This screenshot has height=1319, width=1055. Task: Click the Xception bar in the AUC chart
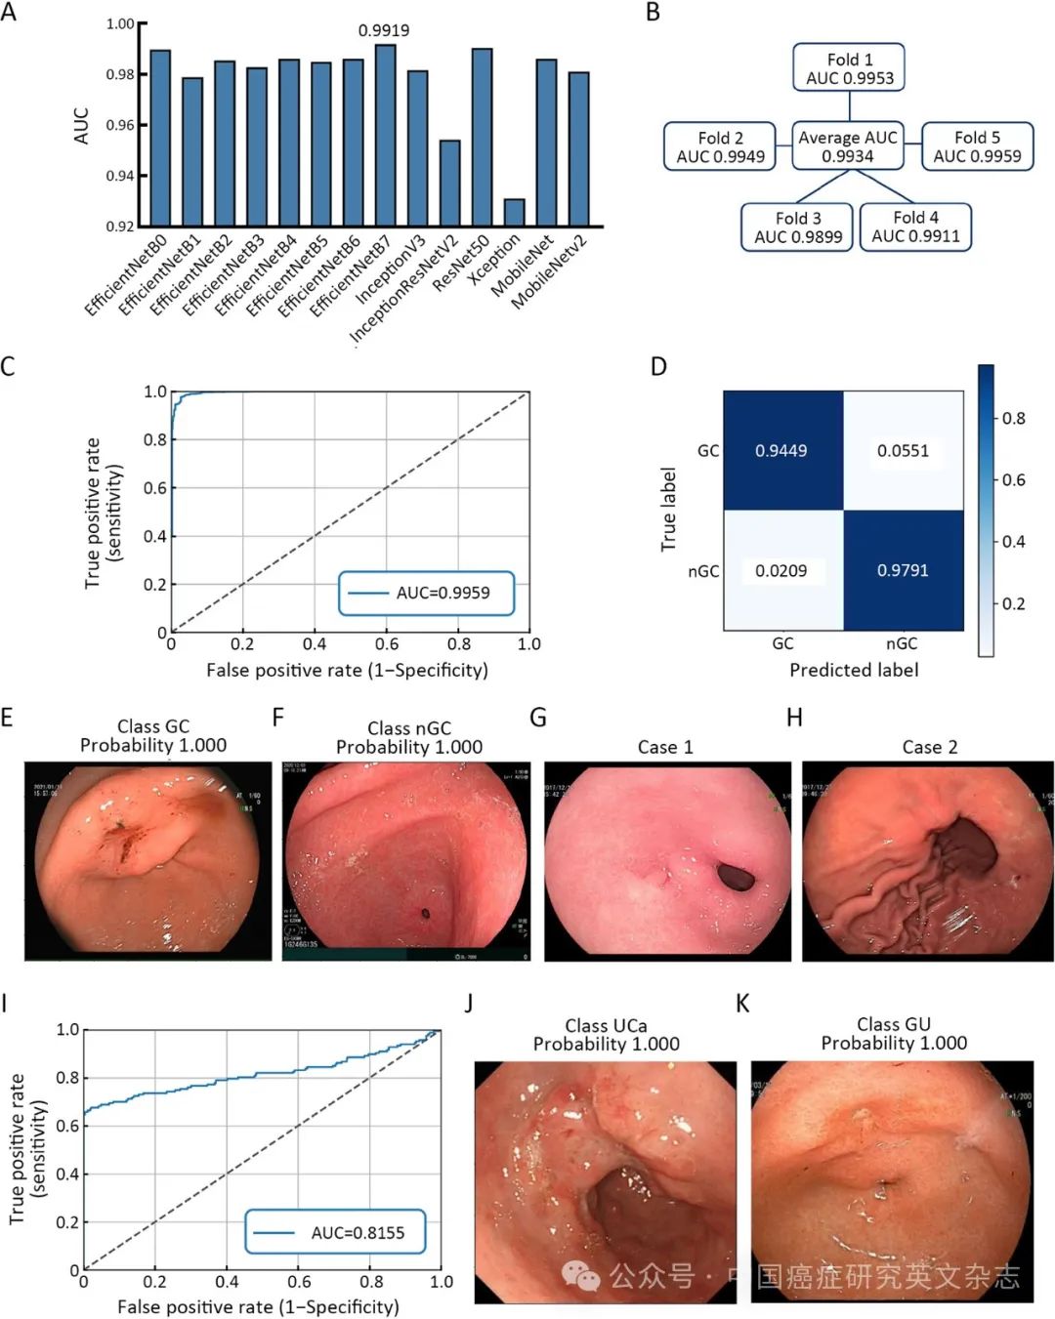click(x=514, y=213)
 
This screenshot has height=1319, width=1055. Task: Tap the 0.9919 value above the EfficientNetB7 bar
click(x=384, y=30)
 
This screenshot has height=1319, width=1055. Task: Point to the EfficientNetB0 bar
click(x=160, y=138)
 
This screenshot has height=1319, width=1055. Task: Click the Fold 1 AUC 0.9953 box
click(x=849, y=68)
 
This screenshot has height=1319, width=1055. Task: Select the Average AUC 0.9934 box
click(x=847, y=146)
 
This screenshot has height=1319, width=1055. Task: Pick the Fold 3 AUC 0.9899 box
click(x=797, y=227)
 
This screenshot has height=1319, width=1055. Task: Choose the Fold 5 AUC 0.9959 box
click(x=977, y=146)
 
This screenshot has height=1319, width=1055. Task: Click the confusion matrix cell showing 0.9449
click(x=782, y=450)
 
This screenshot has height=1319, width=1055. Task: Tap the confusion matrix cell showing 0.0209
click(x=782, y=570)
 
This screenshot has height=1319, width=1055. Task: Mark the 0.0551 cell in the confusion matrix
click(x=903, y=450)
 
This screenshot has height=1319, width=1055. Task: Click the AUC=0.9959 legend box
click(x=426, y=593)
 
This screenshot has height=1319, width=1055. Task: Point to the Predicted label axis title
click(x=854, y=670)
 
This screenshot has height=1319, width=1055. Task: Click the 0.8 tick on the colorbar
click(x=1013, y=419)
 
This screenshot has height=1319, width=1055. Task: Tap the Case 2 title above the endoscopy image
click(x=929, y=747)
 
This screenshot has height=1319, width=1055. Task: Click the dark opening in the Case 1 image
click(x=736, y=876)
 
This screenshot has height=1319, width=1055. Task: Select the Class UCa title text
click(x=606, y=1025)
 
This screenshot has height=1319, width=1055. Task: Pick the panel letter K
click(x=742, y=1004)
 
